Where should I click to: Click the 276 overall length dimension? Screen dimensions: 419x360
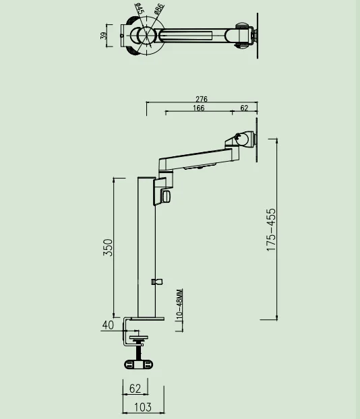[x=202, y=100]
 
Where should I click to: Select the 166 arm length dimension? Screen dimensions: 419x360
[x=199, y=108]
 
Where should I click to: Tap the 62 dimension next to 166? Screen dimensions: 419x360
[x=244, y=108]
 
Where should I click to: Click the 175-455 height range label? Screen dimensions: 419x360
[x=271, y=230]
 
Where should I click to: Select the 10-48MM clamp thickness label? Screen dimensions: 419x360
[x=180, y=304]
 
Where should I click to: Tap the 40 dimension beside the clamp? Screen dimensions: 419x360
[x=108, y=325]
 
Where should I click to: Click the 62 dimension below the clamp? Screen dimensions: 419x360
[x=136, y=388]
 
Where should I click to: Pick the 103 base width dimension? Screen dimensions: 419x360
[x=143, y=407]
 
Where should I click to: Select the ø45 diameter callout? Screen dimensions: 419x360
[x=138, y=10]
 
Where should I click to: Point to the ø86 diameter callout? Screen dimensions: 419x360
[x=158, y=9]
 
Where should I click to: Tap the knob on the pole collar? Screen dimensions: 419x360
[x=167, y=195]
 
